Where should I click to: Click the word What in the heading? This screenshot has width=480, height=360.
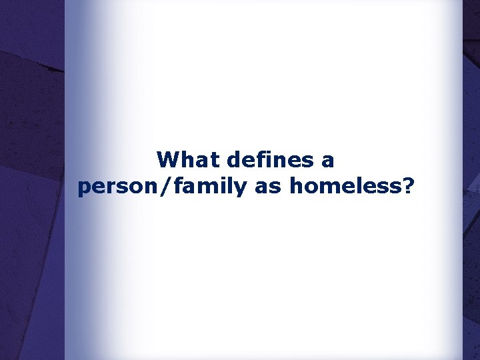[189, 160]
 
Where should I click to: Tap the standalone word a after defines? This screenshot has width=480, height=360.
[328, 161]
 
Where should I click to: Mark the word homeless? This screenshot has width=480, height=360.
[346, 187]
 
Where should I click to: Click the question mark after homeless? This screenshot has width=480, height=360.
[407, 187]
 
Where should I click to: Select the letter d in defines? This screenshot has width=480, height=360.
[234, 160]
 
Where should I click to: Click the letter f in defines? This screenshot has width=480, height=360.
[259, 159]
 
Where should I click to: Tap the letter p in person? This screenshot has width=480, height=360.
[84, 189]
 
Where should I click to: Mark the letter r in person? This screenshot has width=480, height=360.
[107, 188]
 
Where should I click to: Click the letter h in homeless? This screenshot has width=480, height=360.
[296, 187]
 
